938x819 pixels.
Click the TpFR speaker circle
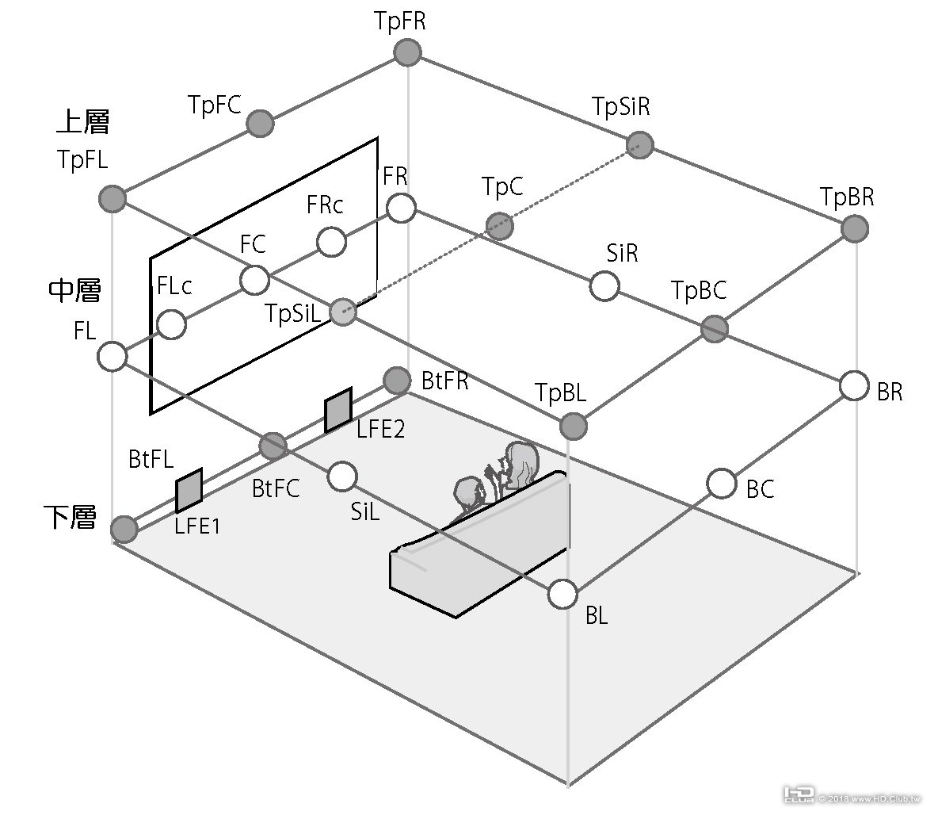click(x=407, y=53)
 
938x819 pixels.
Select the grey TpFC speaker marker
click(x=260, y=124)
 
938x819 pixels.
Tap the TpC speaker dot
click(x=499, y=226)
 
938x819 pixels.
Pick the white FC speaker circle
click(x=254, y=280)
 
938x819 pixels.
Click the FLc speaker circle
click(x=172, y=323)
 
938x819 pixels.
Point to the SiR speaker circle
click(x=605, y=285)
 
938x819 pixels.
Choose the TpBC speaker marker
click(x=715, y=327)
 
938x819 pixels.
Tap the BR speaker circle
click(x=854, y=386)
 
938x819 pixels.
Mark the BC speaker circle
click(x=721, y=483)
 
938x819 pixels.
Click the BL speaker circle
click(x=562, y=594)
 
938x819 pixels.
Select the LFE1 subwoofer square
click(x=189, y=491)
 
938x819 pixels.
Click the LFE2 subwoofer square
click(x=338, y=410)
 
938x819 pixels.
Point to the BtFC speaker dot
click(x=273, y=446)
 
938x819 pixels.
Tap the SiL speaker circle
click(x=341, y=476)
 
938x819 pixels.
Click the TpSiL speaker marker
click(x=342, y=311)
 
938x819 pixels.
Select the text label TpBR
click(x=847, y=197)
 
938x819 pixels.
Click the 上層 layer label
click(x=82, y=122)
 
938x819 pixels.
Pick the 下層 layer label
click(x=70, y=518)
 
